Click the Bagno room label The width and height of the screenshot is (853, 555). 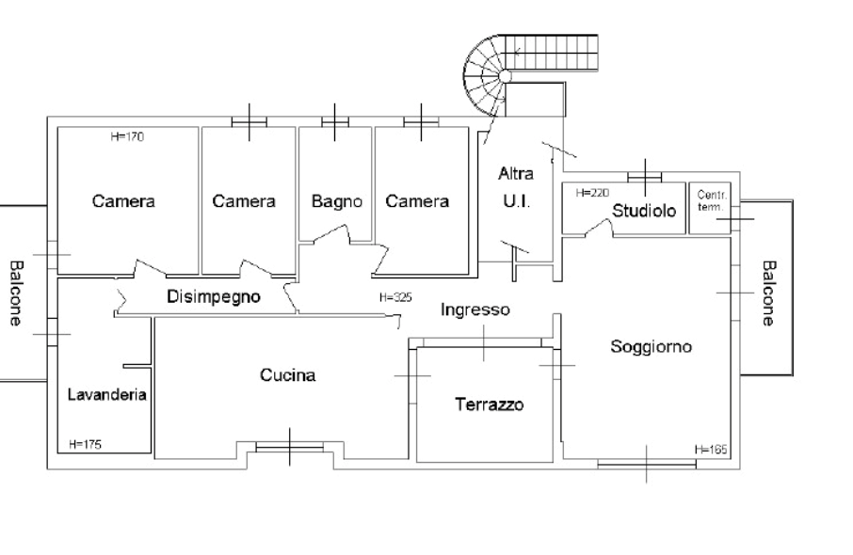pyautogui.click(x=337, y=201)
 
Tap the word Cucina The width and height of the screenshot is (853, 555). pyautogui.click(x=289, y=376)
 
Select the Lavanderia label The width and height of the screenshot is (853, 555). pyautogui.click(x=106, y=395)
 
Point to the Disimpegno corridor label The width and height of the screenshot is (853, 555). pyautogui.click(x=217, y=298)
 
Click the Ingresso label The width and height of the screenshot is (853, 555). pyautogui.click(x=477, y=309)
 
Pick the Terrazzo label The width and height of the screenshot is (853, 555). pyautogui.click(x=489, y=405)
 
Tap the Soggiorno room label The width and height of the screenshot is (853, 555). pyautogui.click(x=653, y=347)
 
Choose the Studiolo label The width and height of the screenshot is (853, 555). pyautogui.click(x=646, y=212)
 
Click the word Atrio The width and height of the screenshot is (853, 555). pyautogui.click(x=515, y=175)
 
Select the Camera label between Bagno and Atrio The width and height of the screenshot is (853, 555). pyautogui.click(x=417, y=201)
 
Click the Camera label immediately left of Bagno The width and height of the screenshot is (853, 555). pyautogui.click(x=244, y=201)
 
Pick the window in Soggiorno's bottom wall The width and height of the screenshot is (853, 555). pyautogui.click(x=646, y=462)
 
